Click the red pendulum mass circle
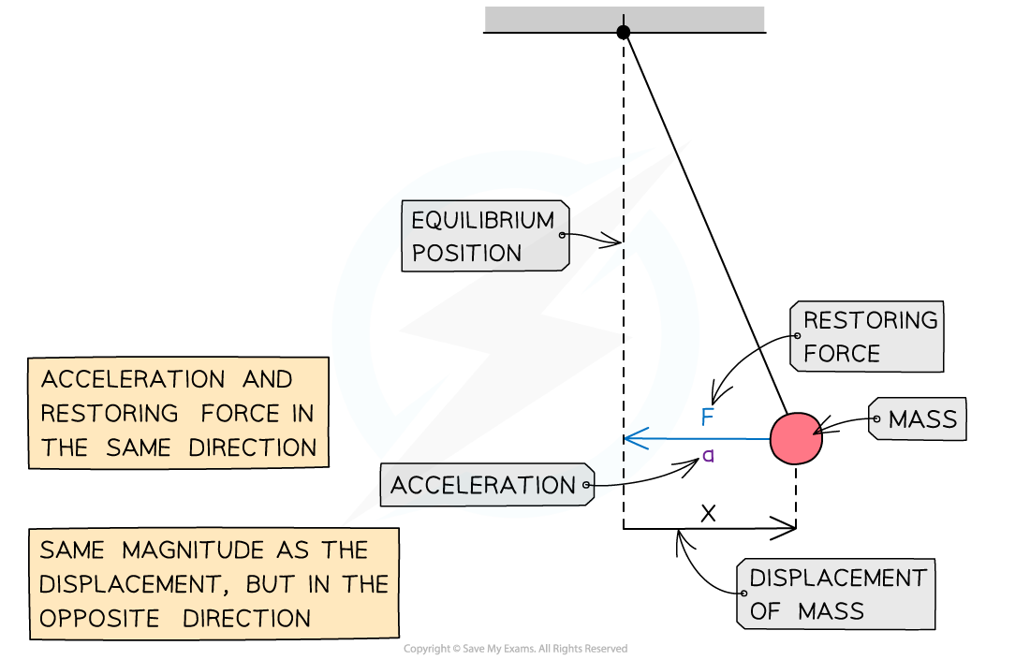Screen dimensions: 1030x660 (x=796, y=438)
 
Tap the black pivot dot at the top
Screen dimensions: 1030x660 (x=624, y=32)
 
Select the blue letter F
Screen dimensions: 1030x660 (x=708, y=417)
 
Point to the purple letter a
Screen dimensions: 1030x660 (x=708, y=455)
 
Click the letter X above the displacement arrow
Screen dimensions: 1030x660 (x=708, y=513)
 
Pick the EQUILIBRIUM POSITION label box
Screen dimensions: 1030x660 (x=485, y=236)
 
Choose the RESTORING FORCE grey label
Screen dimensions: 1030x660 (x=867, y=336)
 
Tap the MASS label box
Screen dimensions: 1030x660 (x=918, y=418)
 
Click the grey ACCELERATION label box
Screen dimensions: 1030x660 (x=488, y=485)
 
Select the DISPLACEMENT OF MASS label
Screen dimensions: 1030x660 (x=836, y=594)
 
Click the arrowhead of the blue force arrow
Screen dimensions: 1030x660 (x=635, y=438)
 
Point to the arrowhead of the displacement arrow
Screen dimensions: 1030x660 (x=785, y=527)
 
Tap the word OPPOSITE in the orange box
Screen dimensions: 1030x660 (x=99, y=619)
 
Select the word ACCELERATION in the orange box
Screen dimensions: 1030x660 (x=133, y=379)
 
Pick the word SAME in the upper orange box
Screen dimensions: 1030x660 (x=139, y=447)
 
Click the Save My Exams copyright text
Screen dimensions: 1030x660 (x=516, y=649)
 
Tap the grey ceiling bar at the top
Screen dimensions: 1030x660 (x=624, y=20)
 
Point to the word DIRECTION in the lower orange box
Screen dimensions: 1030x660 (x=246, y=619)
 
